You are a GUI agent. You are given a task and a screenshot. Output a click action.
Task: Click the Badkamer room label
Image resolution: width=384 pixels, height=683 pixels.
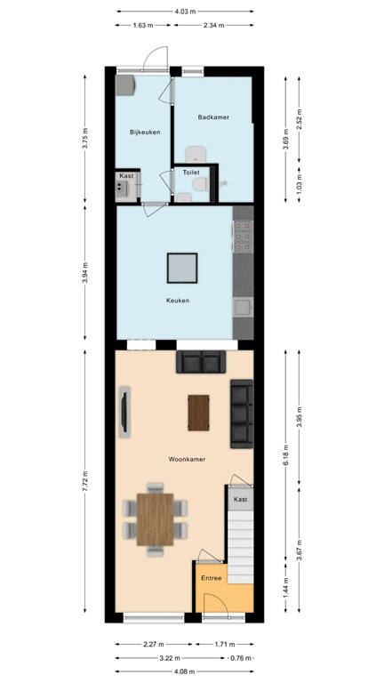(213, 117)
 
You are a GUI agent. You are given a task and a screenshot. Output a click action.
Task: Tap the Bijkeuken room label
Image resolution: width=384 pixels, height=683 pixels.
(145, 133)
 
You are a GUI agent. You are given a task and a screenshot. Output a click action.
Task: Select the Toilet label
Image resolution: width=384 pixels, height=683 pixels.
(191, 172)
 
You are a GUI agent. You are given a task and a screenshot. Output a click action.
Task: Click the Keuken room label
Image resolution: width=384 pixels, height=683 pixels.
(178, 300)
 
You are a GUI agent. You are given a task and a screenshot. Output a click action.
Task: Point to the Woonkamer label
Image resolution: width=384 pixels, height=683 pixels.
(187, 459)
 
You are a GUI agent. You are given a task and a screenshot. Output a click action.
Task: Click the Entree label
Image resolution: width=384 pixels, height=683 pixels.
(212, 579)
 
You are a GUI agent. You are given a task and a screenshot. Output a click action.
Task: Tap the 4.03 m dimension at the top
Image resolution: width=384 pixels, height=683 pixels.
(185, 12)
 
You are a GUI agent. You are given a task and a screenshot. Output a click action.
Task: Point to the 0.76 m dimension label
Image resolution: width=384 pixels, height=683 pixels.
(239, 658)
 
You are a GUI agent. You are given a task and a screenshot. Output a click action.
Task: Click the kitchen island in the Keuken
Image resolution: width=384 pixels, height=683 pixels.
(182, 268)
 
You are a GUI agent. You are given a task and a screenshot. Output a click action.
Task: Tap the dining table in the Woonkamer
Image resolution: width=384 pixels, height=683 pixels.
(156, 517)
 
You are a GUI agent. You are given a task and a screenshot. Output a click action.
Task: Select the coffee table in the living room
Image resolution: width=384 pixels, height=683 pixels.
(200, 411)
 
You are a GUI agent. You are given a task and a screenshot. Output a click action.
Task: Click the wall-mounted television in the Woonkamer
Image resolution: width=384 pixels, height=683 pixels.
(124, 413)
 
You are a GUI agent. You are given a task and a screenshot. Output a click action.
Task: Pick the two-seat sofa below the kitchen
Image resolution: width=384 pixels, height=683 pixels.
(200, 361)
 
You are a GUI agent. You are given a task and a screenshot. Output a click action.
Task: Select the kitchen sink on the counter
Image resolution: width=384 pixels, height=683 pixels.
(242, 308)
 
